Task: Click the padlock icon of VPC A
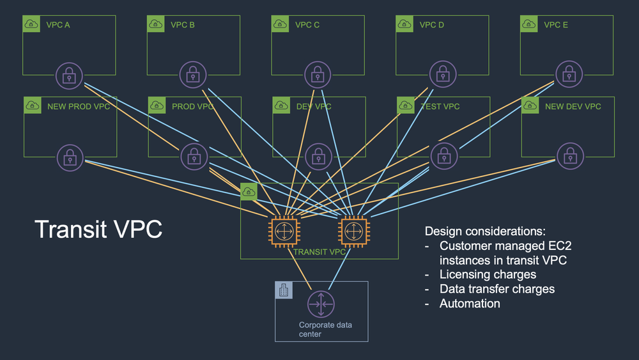(x=70, y=76)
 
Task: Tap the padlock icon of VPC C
(x=318, y=76)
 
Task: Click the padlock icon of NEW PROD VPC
(x=70, y=157)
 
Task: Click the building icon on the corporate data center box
(x=284, y=290)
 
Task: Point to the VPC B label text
(x=183, y=26)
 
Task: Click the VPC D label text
(x=431, y=26)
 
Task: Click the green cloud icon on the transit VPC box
(x=249, y=191)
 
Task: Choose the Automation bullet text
(x=470, y=304)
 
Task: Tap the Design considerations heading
(x=485, y=231)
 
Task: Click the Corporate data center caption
(x=325, y=329)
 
